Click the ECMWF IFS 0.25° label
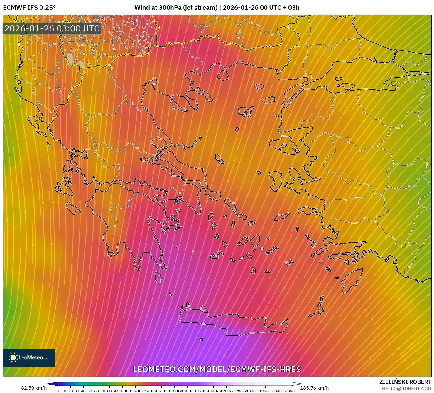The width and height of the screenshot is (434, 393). click(29, 7)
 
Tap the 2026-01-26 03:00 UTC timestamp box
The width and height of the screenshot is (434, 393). click(52, 29)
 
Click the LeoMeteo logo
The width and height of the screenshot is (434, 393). click(29, 357)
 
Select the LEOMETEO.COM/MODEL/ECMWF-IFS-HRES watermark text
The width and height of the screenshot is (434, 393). click(217, 369)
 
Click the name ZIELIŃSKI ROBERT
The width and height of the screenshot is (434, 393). click(405, 382)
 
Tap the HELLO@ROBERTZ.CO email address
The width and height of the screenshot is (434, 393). click(406, 389)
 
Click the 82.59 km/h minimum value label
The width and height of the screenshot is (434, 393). click(34, 388)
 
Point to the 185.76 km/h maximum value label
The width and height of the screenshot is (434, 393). click(314, 388)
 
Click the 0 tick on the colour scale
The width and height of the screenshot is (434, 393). click(58, 391)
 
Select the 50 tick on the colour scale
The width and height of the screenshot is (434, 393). click(90, 391)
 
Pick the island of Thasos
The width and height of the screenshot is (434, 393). click(223, 75)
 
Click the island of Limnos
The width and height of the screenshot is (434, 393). click(246, 111)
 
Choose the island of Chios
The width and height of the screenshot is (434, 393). click(276, 180)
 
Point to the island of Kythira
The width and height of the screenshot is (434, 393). click(158, 276)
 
